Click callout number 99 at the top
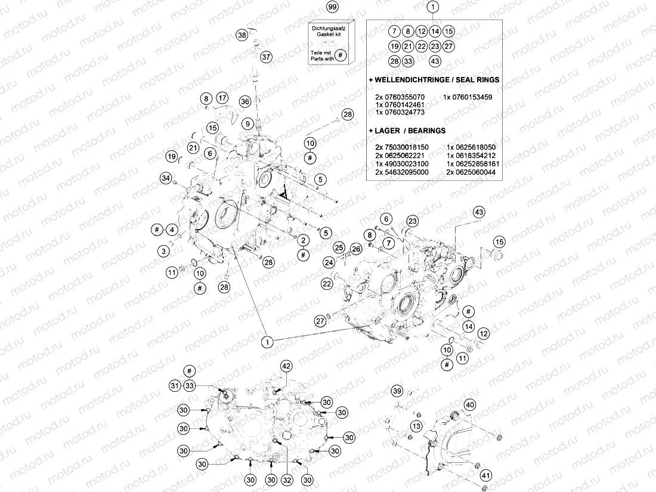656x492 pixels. pyautogui.click(x=333, y=8)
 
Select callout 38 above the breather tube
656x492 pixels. pyautogui.click(x=242, y=35)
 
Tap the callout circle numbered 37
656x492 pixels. pyautogui.click(x=266, y=57)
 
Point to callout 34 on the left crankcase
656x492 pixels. pyautogui.click(x=165, y=178)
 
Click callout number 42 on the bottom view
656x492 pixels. pyautogui.click(x=286, y=366)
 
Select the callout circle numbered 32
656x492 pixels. pyautogui.click(x=287, y=479)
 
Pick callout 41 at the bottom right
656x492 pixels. pyautogui.click(x=487, y=475)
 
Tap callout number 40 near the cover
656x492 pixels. pyautogui.click(x=470, y=405)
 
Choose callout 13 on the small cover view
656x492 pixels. pyautogui.click(x=416, y=426)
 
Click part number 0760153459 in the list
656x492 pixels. pyautogui.click(x=468, y=97)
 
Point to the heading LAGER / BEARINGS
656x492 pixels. pyautogui.click(x=407, y=130)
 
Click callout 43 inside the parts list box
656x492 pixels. pyautogui.click(x=435, y=61)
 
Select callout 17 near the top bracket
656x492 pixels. pyautogui.click(x=222, y=98)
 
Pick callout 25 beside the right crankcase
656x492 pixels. pyautogui.click(x=339, y=247)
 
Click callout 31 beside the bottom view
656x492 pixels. pyautogui.click(x=174, y=386)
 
